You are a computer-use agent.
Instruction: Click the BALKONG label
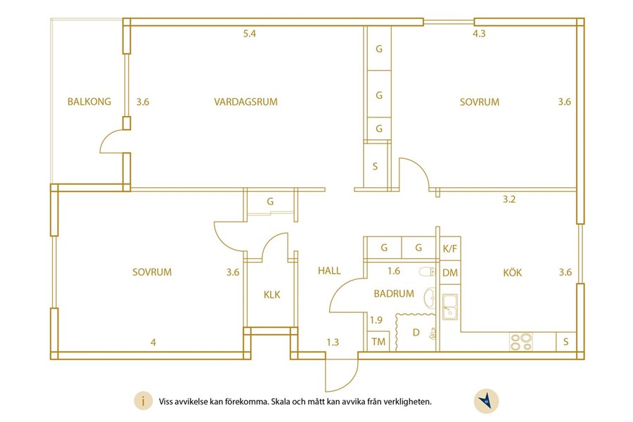point(89,101)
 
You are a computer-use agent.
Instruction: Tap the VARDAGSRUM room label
point(246,102)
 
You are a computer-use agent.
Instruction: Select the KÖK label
point(512,272)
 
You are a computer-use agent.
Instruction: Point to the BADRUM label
point(394,293)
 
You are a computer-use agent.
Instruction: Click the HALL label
point(329,271)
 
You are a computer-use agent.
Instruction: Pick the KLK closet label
point(271,295)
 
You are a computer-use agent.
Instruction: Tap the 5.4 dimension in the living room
point(250,34)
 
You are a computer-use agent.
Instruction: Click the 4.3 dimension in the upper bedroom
point(479,34)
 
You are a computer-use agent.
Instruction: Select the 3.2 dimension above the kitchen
point(509,199)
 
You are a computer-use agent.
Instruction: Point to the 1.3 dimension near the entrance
point(333,343)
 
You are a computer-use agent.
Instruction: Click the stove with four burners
point(520,342)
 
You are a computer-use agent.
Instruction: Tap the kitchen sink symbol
point(449,307)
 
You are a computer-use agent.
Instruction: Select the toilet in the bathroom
point(427,271)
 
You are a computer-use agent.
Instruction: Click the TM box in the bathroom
point(378,342)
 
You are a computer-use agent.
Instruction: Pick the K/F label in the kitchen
point(450,248)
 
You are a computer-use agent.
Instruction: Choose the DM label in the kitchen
point(450,273)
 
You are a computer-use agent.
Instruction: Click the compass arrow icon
point(486,401)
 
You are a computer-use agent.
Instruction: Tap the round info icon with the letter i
point(143,401)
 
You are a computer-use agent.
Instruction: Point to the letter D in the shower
point(416,333)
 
